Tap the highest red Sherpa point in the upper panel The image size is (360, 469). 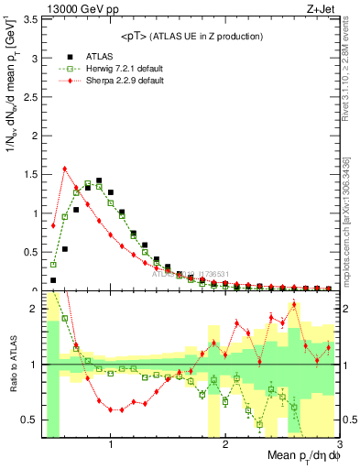pyautogui.click(x=65, y=169)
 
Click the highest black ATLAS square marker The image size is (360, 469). pyautogui.click(x=99, y=180)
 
